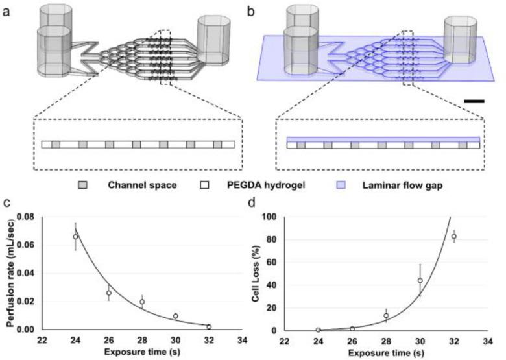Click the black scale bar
coord(474,101)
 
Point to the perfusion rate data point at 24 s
coord(76,237)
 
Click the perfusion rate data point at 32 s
coord(209,326)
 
